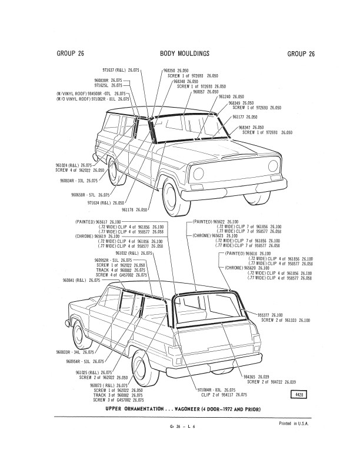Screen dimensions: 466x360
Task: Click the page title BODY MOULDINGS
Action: [185, 54]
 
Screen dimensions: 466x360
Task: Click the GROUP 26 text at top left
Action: [70, 54]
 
